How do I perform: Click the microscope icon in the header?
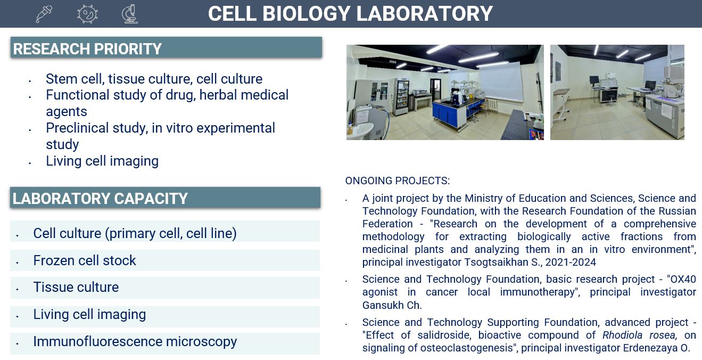click(x=129, y=14)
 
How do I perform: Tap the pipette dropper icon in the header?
click(x=44, y=14)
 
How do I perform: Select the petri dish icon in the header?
click(x=87, y=14)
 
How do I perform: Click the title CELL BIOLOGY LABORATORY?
click(x=350, y=14)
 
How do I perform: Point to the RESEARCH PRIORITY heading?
click(x=87, y=49)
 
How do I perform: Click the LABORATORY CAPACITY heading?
click(x=100, y=199)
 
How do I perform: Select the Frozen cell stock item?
click(x=85, y=260)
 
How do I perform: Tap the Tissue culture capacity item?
click(x=76, y=287)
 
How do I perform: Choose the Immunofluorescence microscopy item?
click(x=135, y=341)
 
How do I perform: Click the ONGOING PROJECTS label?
click(x=397, y=181)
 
